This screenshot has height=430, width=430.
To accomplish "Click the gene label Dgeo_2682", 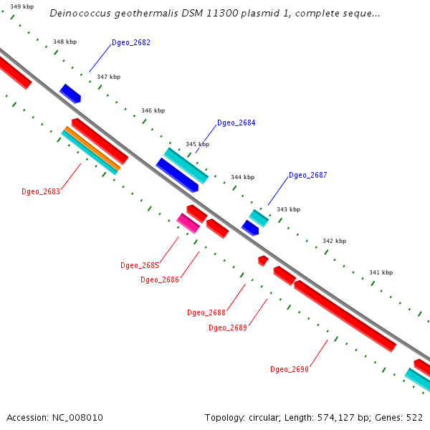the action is (131, 43).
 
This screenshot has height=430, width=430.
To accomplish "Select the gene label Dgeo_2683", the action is (41, 191).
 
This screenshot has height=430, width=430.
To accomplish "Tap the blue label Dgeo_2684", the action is (236, 123).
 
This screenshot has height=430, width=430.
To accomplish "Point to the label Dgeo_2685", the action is (140, 265).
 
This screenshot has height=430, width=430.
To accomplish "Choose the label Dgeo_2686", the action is (160, 279).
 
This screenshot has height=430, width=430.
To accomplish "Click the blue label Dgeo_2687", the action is (308, 176).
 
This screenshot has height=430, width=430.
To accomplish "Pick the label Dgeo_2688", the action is (206, 312).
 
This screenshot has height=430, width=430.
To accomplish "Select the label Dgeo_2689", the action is (228, 328).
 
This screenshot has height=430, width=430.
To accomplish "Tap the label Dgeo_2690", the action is (290, 369).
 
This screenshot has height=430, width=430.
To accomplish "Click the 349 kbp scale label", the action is (21, 6).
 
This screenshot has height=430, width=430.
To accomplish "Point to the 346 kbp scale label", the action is (153, 110).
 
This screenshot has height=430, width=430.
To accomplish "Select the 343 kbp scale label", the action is (288, 209).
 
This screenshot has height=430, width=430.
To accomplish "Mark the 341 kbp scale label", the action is (381, 272).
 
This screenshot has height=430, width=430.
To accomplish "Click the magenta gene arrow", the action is (188, 224).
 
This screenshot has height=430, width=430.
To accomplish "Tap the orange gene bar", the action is (91, 148).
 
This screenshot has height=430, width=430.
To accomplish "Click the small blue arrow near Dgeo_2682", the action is (70, 93).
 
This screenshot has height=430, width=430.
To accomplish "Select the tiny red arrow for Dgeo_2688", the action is (263, 260).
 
